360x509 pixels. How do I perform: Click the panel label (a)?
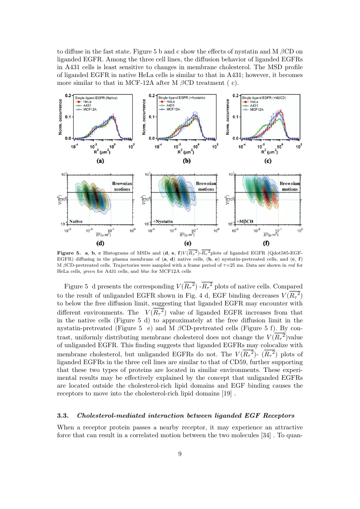pyautogui.click(x=101, y=161)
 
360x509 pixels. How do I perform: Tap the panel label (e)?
pyautogui.click(x=188, y=243)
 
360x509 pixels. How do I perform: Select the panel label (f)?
pyautogui.click(x=266, y=243)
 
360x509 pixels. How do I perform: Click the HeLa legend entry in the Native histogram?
pyautogui.click(x=84, y=102)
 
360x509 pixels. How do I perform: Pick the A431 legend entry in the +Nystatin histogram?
pyautogui.click(x=167, y=106)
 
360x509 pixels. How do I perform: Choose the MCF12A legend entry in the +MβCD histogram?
pyautogui.click(x=253, y=109)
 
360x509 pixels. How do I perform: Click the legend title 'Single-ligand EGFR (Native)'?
pyautogui.click(x=96, y=98)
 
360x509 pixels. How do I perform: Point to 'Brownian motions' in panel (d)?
pyautogui.click(x=122, y=186)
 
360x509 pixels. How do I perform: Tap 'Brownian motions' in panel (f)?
pyautogui.click(x=290, y=186)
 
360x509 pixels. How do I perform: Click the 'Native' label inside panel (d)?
pyautogui.click(x=76, y=221)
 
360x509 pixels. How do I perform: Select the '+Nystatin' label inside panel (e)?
pyautogui.click(x=163, y=221)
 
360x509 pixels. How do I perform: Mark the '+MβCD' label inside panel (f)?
pyautogui.click(x=245, y=221)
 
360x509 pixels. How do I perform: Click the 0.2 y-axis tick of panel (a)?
pyautogui.click(x=68, y=95)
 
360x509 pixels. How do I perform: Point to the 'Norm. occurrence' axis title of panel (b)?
pyautogui.click(x=144, y=117)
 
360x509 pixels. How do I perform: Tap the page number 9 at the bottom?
pyautogui.click(x=180, y=454)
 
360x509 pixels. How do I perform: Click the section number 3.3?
pyautogui.click(x=63, y=415)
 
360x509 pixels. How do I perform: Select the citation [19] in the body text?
pyautogui.click(x=227, y=393)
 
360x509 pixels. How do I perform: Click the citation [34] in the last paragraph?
pyautogui.click(x=266, y=435)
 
